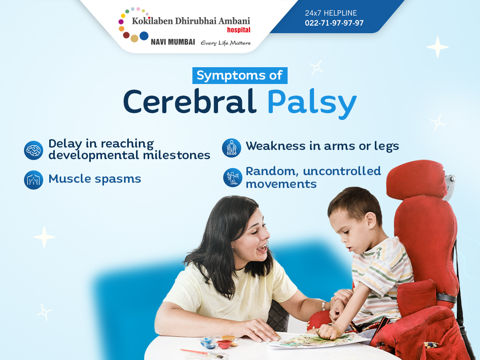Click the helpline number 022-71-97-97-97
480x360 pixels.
(334, 23)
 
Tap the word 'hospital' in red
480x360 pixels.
(238, 30)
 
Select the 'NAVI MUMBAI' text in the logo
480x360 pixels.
(173, 42)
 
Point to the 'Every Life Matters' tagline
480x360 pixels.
(226, 43)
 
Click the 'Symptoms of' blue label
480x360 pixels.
(240, 76)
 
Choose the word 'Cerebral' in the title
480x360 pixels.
(190, 102)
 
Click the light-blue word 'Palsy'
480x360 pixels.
(312, 104)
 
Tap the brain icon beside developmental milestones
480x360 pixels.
(34, 150)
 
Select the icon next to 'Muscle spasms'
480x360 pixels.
(34, 180)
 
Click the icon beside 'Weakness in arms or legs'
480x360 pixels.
(232, 148)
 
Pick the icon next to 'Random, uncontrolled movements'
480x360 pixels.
(233, 178)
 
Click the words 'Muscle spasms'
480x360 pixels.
(95, 179)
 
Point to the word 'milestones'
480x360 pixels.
(176, 155)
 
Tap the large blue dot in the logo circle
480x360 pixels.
(144, 36)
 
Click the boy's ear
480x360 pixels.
(371, 220)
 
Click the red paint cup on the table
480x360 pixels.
(224, 344)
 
